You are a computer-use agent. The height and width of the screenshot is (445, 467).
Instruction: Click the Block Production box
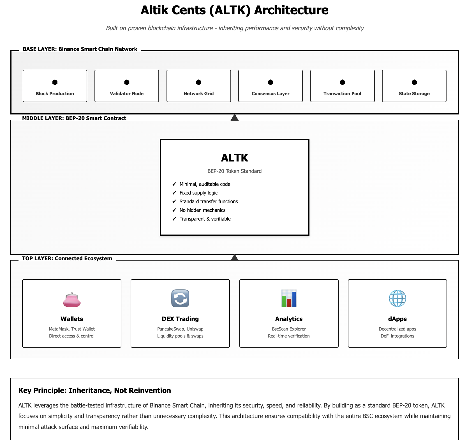tap(55, 86)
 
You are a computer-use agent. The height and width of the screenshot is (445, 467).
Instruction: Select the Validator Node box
tap(127, 86)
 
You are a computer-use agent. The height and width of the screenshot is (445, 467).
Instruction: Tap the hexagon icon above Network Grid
tap(199, 82)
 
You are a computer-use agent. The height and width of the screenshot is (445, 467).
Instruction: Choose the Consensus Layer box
tap(271, 86)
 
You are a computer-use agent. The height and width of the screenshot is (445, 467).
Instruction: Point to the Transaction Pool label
tap(342, 93)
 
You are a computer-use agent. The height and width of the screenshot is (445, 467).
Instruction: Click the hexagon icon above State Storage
tap(414, 82)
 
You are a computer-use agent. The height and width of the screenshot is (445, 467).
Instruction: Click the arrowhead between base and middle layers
tap(235, 118)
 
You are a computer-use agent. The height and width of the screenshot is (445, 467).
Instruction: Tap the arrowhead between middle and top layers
tap(235, 258)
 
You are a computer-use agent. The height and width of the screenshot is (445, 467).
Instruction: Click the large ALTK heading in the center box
tap(235, 158)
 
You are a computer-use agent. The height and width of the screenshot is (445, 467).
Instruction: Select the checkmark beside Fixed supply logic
tap(174, 193)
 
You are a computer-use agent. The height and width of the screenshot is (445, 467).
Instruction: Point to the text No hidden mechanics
tap(202, 210)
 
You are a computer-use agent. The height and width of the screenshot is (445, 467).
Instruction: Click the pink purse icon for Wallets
tap(72, 299)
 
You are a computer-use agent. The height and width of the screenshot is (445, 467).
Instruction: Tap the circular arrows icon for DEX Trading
tap(180, 298)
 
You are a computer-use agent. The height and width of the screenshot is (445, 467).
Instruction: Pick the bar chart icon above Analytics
tap(289, 298)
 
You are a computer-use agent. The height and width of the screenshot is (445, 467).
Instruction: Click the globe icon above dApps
tap(397, 298)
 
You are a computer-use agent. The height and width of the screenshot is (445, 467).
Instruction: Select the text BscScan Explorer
tap(289, 329)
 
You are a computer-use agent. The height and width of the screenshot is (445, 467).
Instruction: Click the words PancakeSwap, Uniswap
tap(180, 329)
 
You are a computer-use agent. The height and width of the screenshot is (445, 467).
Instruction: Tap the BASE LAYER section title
tap(80, 49)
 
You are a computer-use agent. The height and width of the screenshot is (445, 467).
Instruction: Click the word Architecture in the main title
tap(291, 10)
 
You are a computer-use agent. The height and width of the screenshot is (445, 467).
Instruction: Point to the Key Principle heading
tap(95, 390)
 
